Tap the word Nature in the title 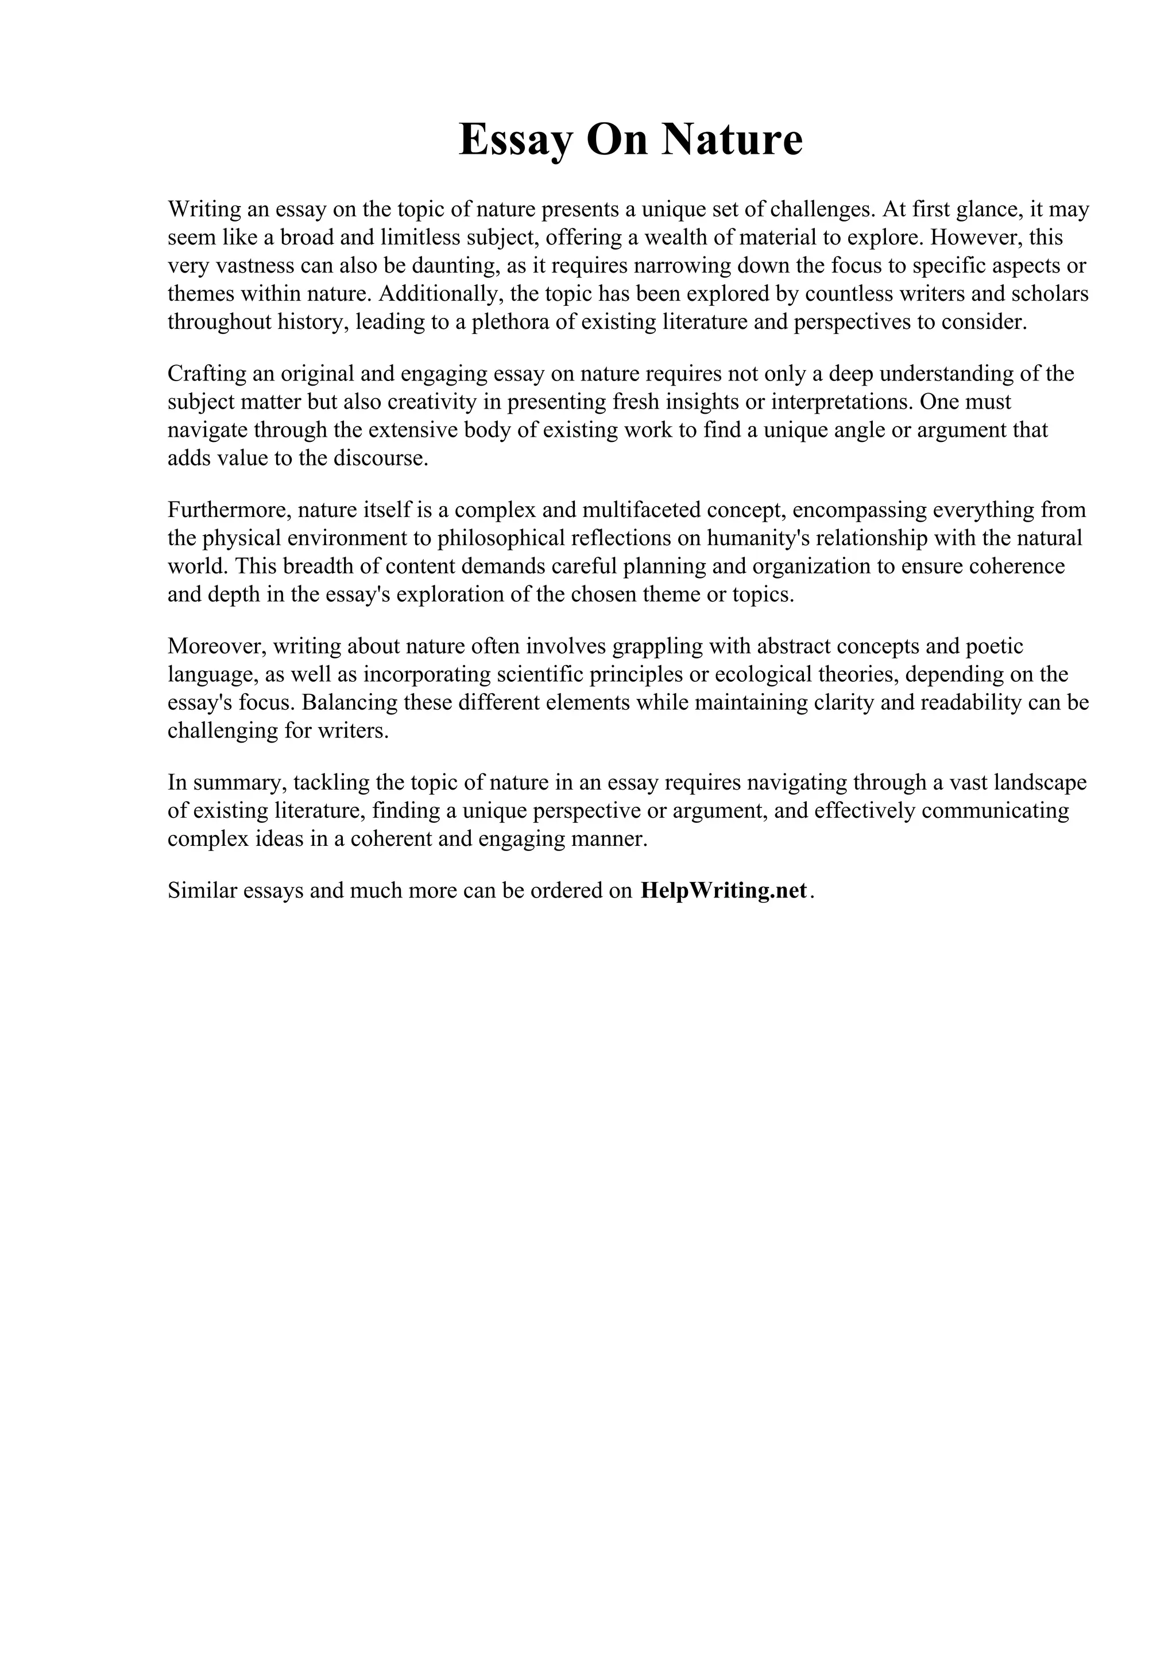[x=731, y=140]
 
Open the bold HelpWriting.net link [x=723, y=891]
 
